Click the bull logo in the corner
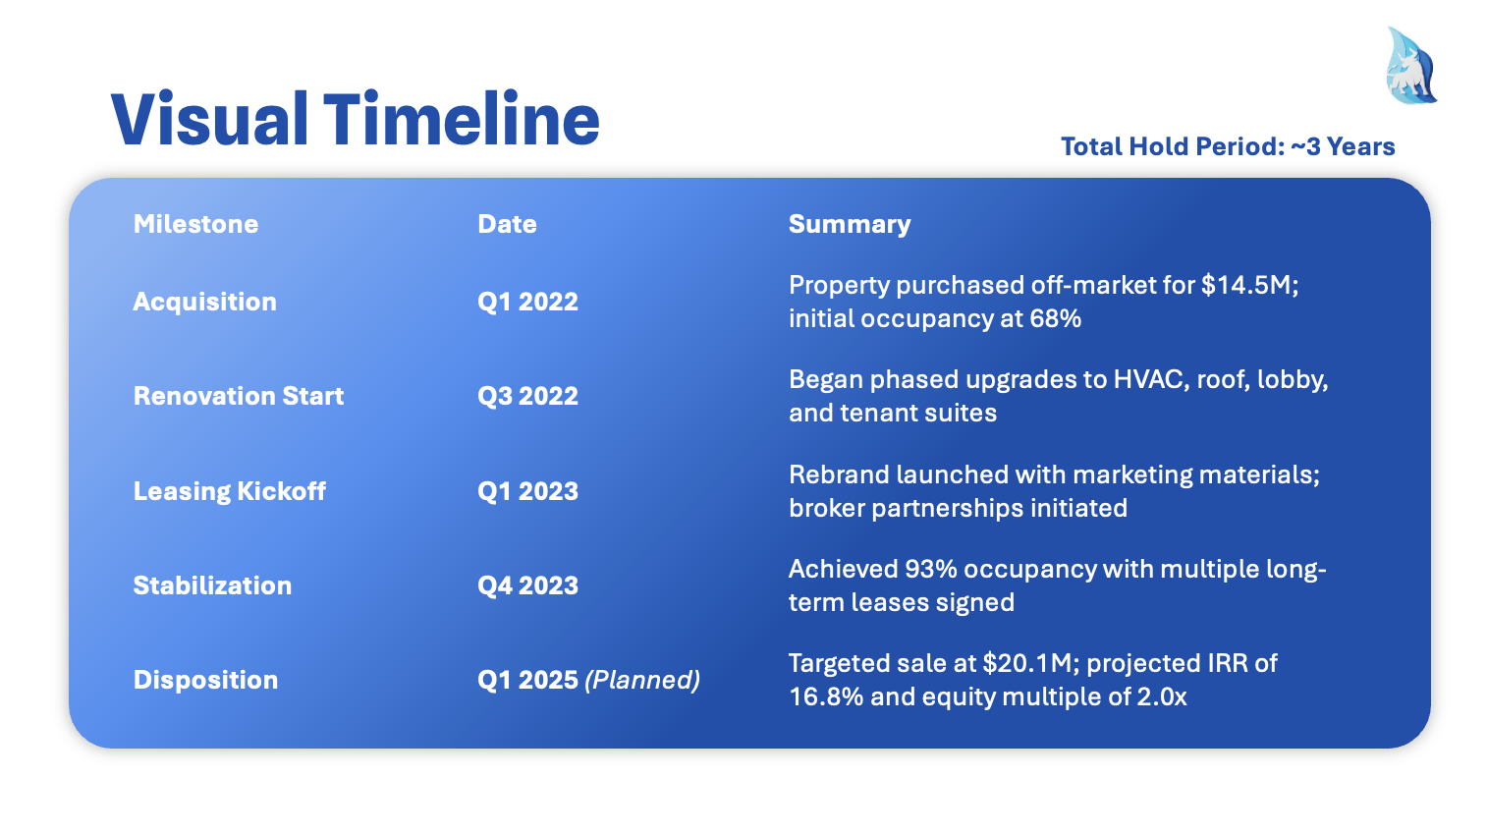(x=1410, y=66)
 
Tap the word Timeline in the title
(x=462, y=120)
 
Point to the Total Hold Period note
(x=1228, y=146)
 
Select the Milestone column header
(x=195, y=224)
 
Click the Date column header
(x=507, y=224)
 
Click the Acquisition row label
(x=205, y=303)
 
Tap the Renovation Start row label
(x=239, y=396)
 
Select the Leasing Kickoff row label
(x=230, y=491)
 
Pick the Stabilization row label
(x=212, y=585)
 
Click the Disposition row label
(x=206, y=681)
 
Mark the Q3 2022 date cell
(x=527, y=396)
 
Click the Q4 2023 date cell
(x=527, y=585)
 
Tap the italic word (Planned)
(x=642, y=681)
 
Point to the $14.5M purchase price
(x=1250, y=286)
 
